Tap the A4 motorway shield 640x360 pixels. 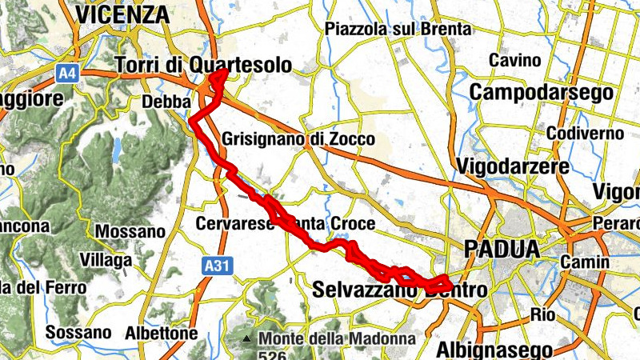tap(67, 73)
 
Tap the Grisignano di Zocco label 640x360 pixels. tap(298, 139)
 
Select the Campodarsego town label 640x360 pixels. tap(542, 92)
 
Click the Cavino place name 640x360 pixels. tap(514, 61)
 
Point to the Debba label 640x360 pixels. tap(166, 102)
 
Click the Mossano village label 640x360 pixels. tap(130, 232)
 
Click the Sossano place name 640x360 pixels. tap(78, 332)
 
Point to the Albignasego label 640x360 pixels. tap(494, 350)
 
